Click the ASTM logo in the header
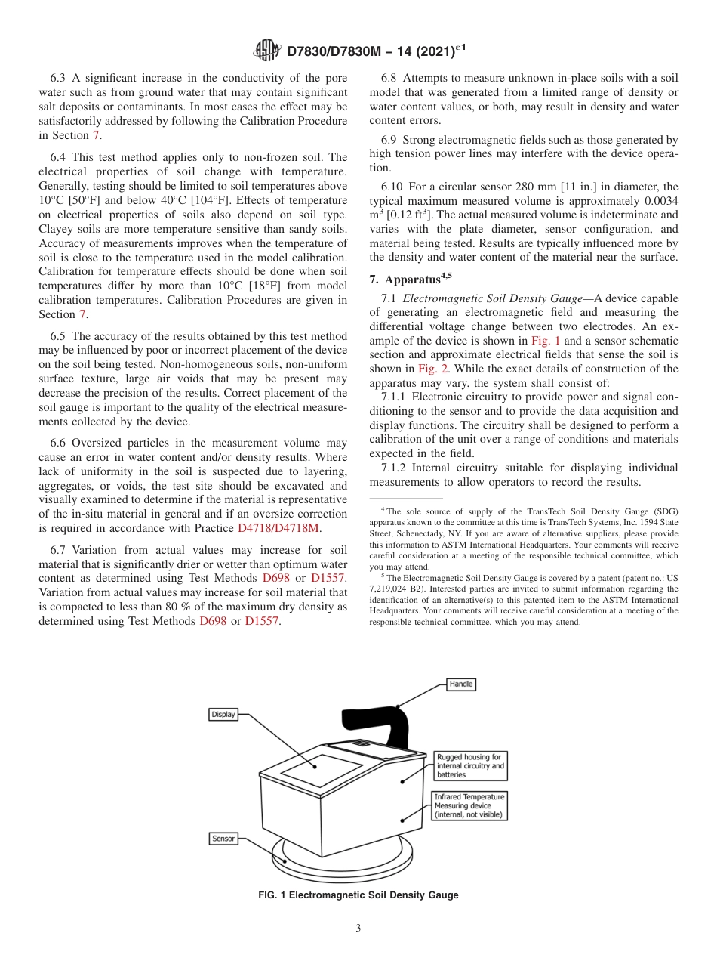click(x=267, y=51)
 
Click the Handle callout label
click(x=460, y=684)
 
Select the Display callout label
click(x=223, y=714)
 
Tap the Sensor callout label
click(x=223, y=839)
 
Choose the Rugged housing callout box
click(x=470, y=765)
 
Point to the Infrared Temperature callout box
click(x=469, y=805)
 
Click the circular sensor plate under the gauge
click(x=343, y=857)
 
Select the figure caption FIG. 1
click(x=358, y=895)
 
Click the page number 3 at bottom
click(x=358, y=929)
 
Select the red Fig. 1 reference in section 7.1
click(x=546, y=341)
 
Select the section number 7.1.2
click(x=398, y=468)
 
